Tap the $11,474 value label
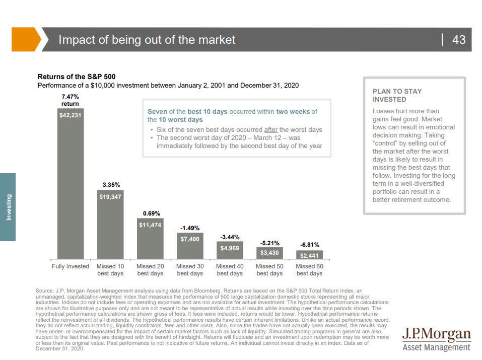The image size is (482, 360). [x=150, y=225]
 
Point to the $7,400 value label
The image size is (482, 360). [x=190, y=239]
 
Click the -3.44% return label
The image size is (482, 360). [x=230, y=237]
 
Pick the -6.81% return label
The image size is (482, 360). [x=309, y=244]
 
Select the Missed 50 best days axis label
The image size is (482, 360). [x=269, y=270]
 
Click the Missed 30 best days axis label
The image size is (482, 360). [x=190, y=270]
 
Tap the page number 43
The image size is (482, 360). [x=459, y=40]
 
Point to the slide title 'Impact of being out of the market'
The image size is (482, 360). [x=147, y=40]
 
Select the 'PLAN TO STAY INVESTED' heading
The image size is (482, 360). [x=397, y=95]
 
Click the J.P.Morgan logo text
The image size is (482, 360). [x=437, y=334]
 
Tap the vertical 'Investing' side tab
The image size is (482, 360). [x=8, y=206]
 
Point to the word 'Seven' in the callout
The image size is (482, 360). [x=158, y=112]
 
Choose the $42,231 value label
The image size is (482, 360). [x=70, y=115]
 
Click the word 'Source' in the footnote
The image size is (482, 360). [x=45, y=291]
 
